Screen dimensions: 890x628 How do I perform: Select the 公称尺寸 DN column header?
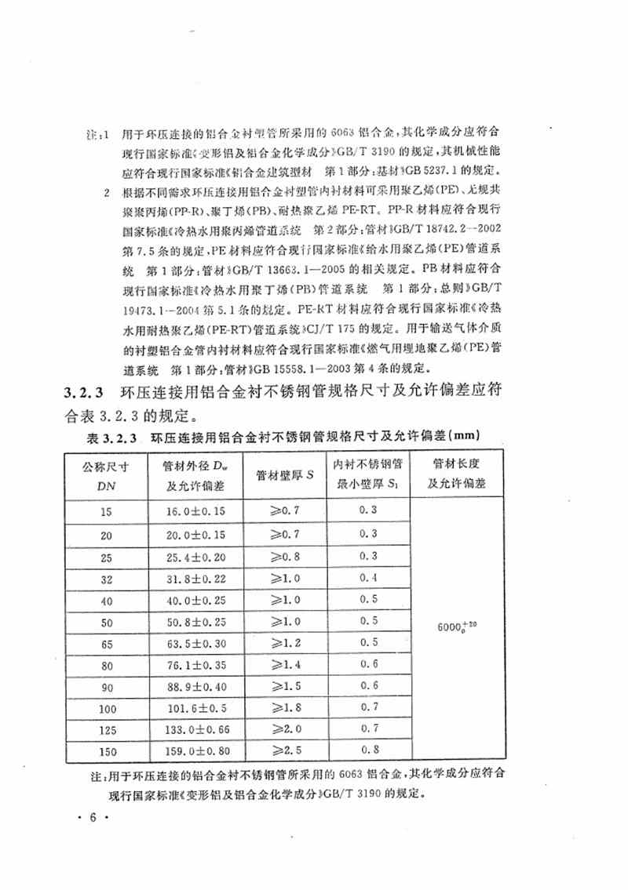click(107, 474)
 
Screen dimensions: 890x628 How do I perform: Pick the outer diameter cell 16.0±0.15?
click(192, 510)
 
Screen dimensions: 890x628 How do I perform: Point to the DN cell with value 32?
click(107, 578)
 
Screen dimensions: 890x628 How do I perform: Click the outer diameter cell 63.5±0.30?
click(192, 643)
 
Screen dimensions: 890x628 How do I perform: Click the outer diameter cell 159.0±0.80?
click(192, 751)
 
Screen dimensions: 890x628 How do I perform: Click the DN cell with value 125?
click(107, 730)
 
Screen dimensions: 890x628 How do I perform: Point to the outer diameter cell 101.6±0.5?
click(192, 708)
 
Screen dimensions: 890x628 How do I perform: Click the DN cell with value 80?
click(107, 665)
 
